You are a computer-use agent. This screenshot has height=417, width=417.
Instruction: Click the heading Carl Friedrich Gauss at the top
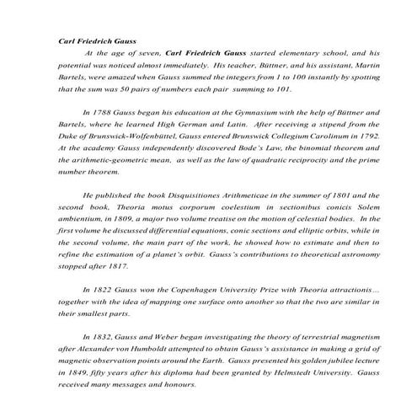[x=95, y=39]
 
